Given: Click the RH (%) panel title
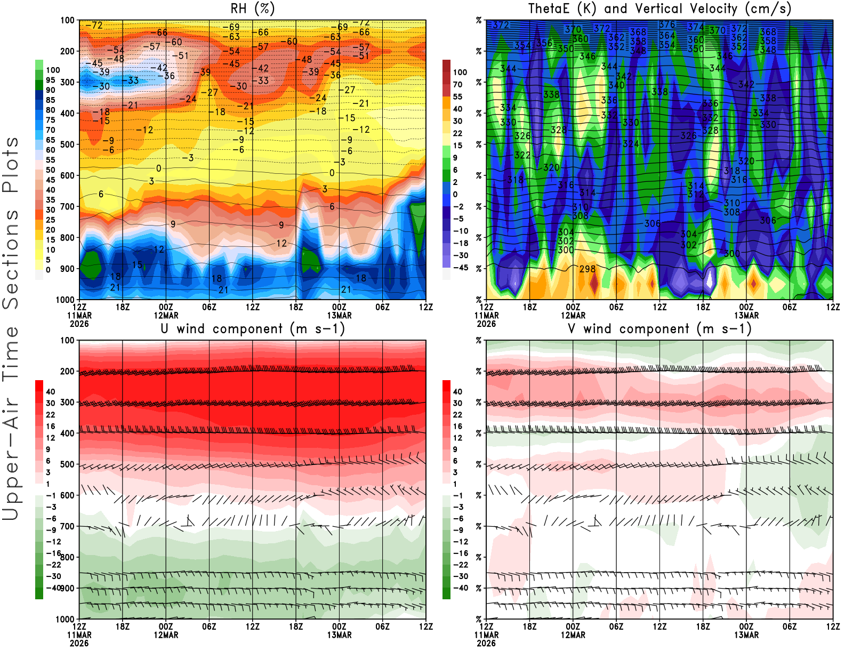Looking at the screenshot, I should point(253,9).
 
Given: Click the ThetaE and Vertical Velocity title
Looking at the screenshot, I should point(659,9).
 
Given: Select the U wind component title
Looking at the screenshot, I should point(253,328).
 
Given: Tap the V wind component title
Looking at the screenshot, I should point(659,328).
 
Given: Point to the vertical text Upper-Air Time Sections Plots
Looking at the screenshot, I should point(11,328).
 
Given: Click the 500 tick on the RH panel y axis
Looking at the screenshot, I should point(68,144).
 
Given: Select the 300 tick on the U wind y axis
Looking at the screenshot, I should point(68,402).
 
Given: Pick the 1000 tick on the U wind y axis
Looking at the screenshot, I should point(66,619).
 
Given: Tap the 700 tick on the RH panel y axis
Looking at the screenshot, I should point(68,206).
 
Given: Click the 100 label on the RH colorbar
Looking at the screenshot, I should point(53,70).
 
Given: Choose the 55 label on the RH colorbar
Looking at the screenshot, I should point(51,160).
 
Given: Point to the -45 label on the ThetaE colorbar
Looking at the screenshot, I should point(460,268).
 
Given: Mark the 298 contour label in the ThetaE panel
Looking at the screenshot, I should point(587,269).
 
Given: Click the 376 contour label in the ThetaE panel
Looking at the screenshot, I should point(667,25).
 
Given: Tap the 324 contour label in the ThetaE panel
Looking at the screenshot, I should point(631,144).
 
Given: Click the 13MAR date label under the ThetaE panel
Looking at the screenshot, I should point(746,316).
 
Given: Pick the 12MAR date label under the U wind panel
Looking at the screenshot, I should point(166,635).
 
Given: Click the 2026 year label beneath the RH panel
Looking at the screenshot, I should point(79,324).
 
